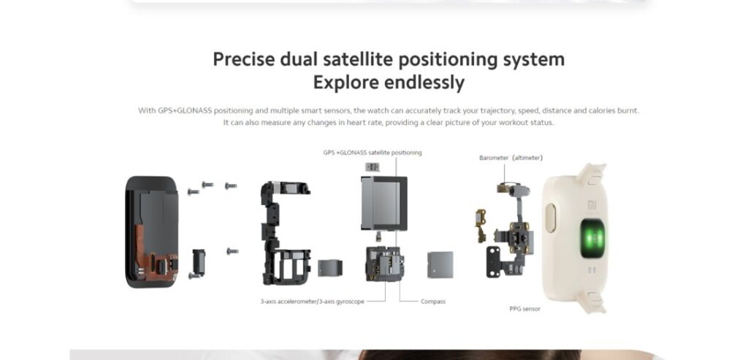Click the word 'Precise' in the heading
(x=244, y=60)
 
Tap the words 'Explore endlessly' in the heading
(x=389, y=83)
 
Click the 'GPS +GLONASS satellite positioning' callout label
(x=372, y=153)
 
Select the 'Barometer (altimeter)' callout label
(x=511, y=158)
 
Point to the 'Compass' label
(x=433, y=302)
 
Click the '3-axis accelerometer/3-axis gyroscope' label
(x=313, y=302)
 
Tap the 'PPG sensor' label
(x=524, y=309)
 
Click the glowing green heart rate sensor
(x=592, y=238)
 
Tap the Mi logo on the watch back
(x=592, y=205)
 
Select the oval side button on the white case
(x=550, y=218)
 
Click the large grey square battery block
(x=383, y=203)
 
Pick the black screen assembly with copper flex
(x=152, y=232)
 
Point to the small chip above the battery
(x=372, y=167)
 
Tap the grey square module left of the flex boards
(x=440, y=264)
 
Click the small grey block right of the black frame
(x=330, y=267)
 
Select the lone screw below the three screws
(x=232, y=250)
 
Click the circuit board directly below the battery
(x=384, y=264)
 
